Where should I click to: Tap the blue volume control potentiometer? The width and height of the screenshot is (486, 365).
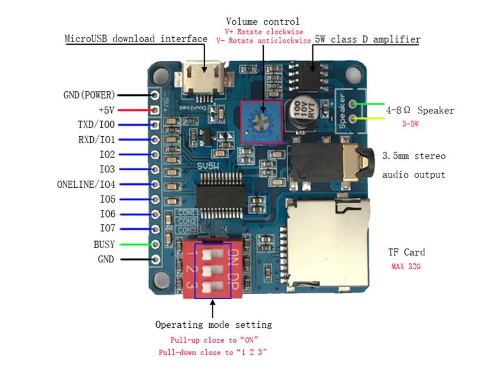[261, 122]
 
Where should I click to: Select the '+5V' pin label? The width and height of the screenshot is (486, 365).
[106, 110]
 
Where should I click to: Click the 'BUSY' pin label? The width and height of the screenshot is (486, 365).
[104, 245]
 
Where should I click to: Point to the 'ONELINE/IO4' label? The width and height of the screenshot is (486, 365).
[86, 185]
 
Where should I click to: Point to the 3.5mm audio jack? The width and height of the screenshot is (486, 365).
[330, 164]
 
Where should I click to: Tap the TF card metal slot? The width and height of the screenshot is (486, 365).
[328, 243]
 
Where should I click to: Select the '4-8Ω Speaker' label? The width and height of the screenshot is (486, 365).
[419, 110]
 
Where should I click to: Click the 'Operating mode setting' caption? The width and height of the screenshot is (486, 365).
[213, 325]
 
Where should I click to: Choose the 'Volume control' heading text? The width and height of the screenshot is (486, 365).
[263, 21]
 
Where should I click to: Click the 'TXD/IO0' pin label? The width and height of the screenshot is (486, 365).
[96, 125]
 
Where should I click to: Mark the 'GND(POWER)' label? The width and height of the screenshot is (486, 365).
[89, 95]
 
